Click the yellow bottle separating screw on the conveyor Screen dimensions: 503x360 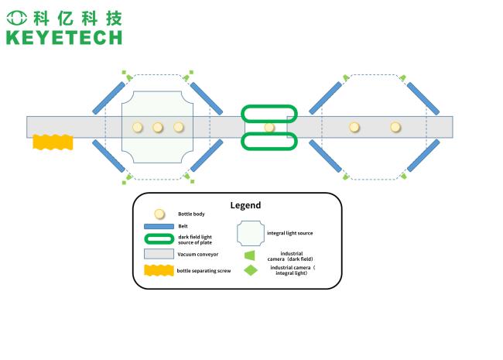pyautogui.click(x=53, y=142)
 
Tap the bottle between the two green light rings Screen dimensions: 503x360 pyautogui.click(x=269, y=128)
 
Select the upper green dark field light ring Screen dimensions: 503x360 pyautogui.click(x=269, y=113)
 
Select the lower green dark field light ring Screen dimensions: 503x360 pyautogui.click(x=269, y=142)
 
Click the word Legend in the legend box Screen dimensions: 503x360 pyautogui.click(x=245, y=205)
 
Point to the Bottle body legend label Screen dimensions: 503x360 pyautogui.click(x=191, y=214)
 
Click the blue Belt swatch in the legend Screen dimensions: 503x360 pyautogui.click(x=159, y=226)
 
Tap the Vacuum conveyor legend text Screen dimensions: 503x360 pyautogui.click(x=198, y=254)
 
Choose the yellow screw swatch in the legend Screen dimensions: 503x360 pyautogui.click(x=159, y=270)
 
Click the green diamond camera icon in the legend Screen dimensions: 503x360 pyautogui.click(x=251, y=270)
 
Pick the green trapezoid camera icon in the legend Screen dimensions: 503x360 pyautogui.click(x=250, y=255)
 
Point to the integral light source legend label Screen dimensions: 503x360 pyautogui.click(x=289, y=233)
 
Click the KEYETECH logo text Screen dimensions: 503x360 pyautogui.click(x=64, y=37)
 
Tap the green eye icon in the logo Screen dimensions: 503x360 pyautogui.click(x=17, y=18)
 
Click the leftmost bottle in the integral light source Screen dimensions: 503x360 pyautogui.click(x=138, y=128)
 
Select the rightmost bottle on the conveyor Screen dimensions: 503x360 pyautogui.click(x=395, y=128)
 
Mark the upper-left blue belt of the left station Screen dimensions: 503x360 pyautogui.click(x=108, y=98)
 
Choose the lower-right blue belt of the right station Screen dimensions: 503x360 pyautogui.click(x=423, y=156)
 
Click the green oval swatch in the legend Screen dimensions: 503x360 pyautogui.click(x=159, y=239)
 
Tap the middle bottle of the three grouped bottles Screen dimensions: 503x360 pyautogui.click(x=158, y=128)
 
